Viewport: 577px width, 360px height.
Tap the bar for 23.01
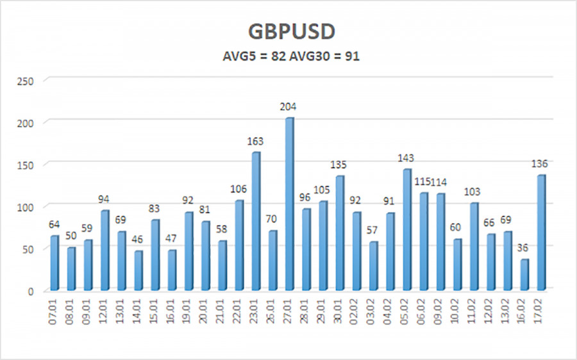click(x=256, y=220)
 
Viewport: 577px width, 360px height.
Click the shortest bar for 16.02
click(x=524, y=274)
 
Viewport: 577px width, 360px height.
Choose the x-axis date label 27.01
click(x=290, y=314)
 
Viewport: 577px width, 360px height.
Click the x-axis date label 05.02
click(x=407, y=314)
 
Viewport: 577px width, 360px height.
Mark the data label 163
click(x=256, y=141)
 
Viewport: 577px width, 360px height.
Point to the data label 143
click(x=406, y=158)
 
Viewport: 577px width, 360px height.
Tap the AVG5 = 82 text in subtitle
click(x=248, y=56)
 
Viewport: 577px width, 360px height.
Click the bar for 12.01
click(x=105, y=250)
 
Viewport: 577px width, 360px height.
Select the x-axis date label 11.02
click(x=474, y=314)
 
